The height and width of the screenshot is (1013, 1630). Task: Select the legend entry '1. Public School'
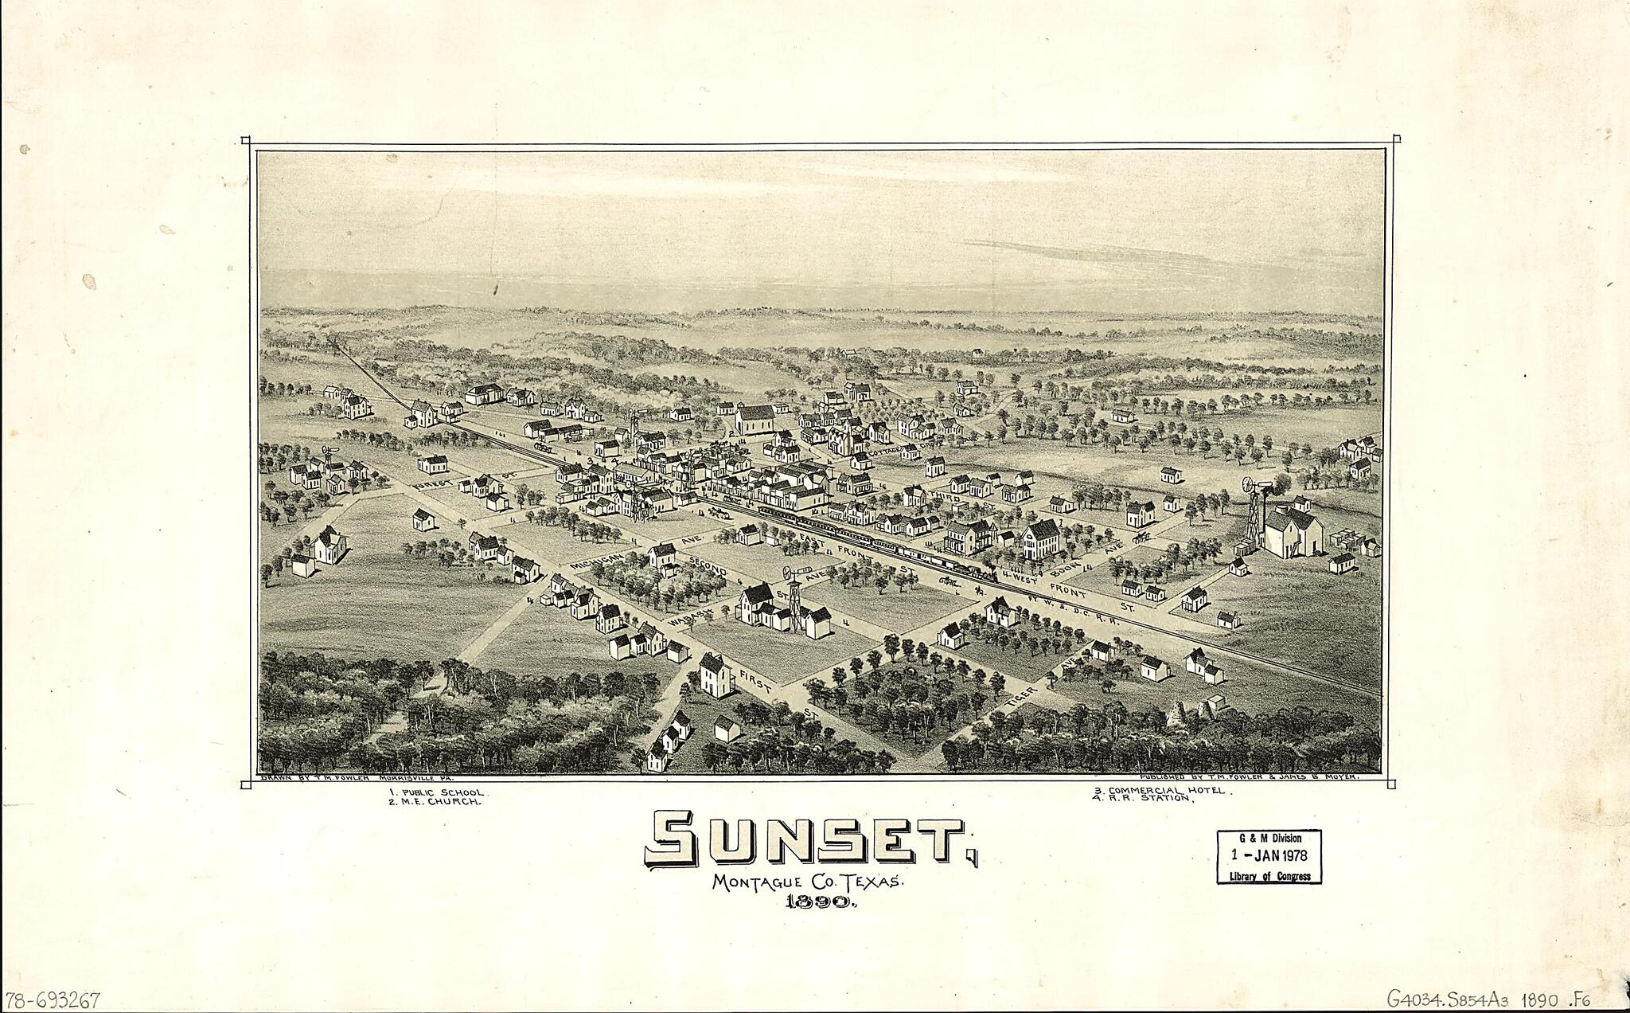coord(435,793)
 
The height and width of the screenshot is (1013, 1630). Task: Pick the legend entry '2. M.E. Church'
coord(435,803)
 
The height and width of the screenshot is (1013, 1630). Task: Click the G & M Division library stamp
coord(1269,856)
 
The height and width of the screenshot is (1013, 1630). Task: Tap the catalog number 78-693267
coord(52,999)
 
